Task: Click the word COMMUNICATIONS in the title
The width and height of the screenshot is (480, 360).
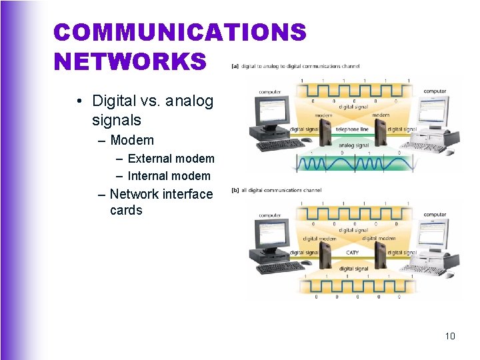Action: click(180, 32)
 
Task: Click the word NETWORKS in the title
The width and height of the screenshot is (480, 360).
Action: click(131, 61)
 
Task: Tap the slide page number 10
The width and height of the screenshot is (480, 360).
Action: click(450, 336)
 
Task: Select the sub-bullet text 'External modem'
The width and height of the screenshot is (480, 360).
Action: click(171, 159)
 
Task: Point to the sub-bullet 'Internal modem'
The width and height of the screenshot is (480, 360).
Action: click(169, 176)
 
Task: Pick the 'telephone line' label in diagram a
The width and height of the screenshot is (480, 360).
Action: click(352, 129)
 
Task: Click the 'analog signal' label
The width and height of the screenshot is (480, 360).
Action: click(353, 145)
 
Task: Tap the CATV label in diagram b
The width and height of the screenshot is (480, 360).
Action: click(353, 253)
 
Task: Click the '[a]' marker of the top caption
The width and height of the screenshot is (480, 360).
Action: click(235, 66)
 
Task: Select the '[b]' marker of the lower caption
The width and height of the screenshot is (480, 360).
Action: click(235, 190)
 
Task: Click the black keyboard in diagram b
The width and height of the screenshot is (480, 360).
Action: click(281, 268)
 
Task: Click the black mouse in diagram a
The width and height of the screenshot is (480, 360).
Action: click(307, 141)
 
